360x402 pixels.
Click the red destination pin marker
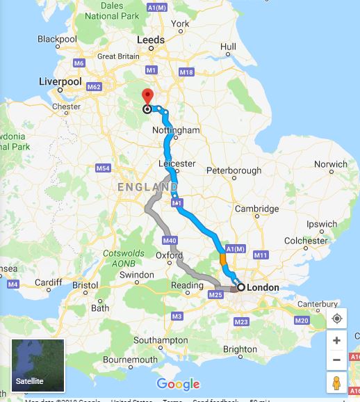(x=147, y=97)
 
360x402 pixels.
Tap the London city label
(x=263, y=287)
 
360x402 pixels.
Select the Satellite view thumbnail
(x=38, y=366)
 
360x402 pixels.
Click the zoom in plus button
(x=336, y=341)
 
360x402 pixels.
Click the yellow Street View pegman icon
(x=336, y=383)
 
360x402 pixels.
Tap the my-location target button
(x=336, y=319)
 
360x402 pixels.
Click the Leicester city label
(x=177, y=164)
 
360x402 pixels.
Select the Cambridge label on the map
(x=256, y=209)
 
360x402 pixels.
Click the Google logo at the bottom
(x=178, y=384)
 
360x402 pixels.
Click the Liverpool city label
(x=60, y=82)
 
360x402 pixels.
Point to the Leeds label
(x=152, y=40)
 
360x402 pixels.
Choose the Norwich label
(x=331, y=165)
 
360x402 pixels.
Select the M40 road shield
(x=169, y=241)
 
